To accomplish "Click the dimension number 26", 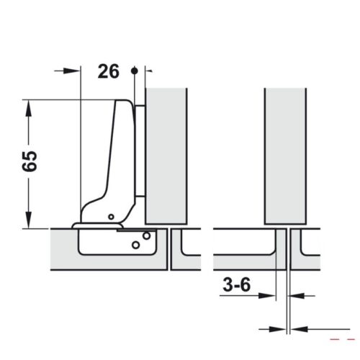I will tap(107, 71).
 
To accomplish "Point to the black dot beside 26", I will tap(134, 71).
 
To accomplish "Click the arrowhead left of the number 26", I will tap(73, 71).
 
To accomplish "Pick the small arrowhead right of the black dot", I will tap(148, 71).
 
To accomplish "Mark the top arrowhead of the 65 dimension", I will tap(29, 105).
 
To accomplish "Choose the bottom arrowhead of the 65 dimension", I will tap(29, 222).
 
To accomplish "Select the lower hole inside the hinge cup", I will tap(135, 245).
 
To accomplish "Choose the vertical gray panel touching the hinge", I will tap(167, 155).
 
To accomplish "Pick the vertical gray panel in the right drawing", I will tap(287, 155).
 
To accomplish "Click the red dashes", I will tap(343, 337).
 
